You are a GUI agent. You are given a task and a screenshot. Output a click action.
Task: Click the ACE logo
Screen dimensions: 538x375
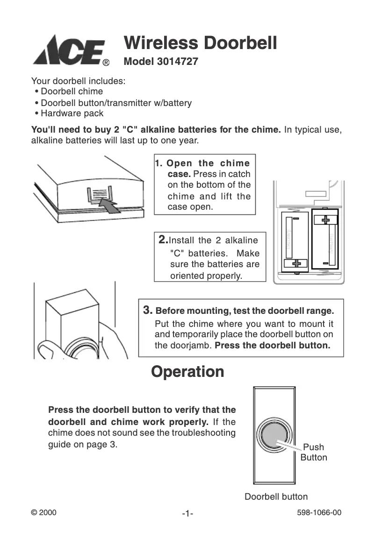69,50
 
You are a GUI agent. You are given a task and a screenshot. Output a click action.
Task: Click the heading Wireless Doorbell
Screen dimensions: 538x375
200,43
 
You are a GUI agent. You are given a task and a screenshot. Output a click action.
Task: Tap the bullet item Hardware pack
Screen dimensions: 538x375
72,113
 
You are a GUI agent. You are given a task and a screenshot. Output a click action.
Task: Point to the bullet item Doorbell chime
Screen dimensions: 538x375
72,92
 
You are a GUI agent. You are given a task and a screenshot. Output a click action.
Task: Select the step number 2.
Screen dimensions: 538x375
163,240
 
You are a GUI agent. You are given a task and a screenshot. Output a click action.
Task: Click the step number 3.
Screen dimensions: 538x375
148,310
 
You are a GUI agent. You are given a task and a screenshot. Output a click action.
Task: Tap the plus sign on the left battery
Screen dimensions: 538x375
296,264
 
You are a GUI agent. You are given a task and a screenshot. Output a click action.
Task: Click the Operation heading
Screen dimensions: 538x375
187,372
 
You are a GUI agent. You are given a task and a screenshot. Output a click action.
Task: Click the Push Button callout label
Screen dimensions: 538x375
314,452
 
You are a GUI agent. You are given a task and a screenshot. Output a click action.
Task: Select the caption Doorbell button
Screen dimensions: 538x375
276,496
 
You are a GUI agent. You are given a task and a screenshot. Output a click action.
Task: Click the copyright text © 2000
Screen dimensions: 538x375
43,512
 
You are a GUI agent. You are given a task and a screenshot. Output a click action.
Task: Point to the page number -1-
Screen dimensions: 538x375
187,514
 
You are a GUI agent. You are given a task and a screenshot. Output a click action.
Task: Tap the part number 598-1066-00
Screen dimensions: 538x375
319,512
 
